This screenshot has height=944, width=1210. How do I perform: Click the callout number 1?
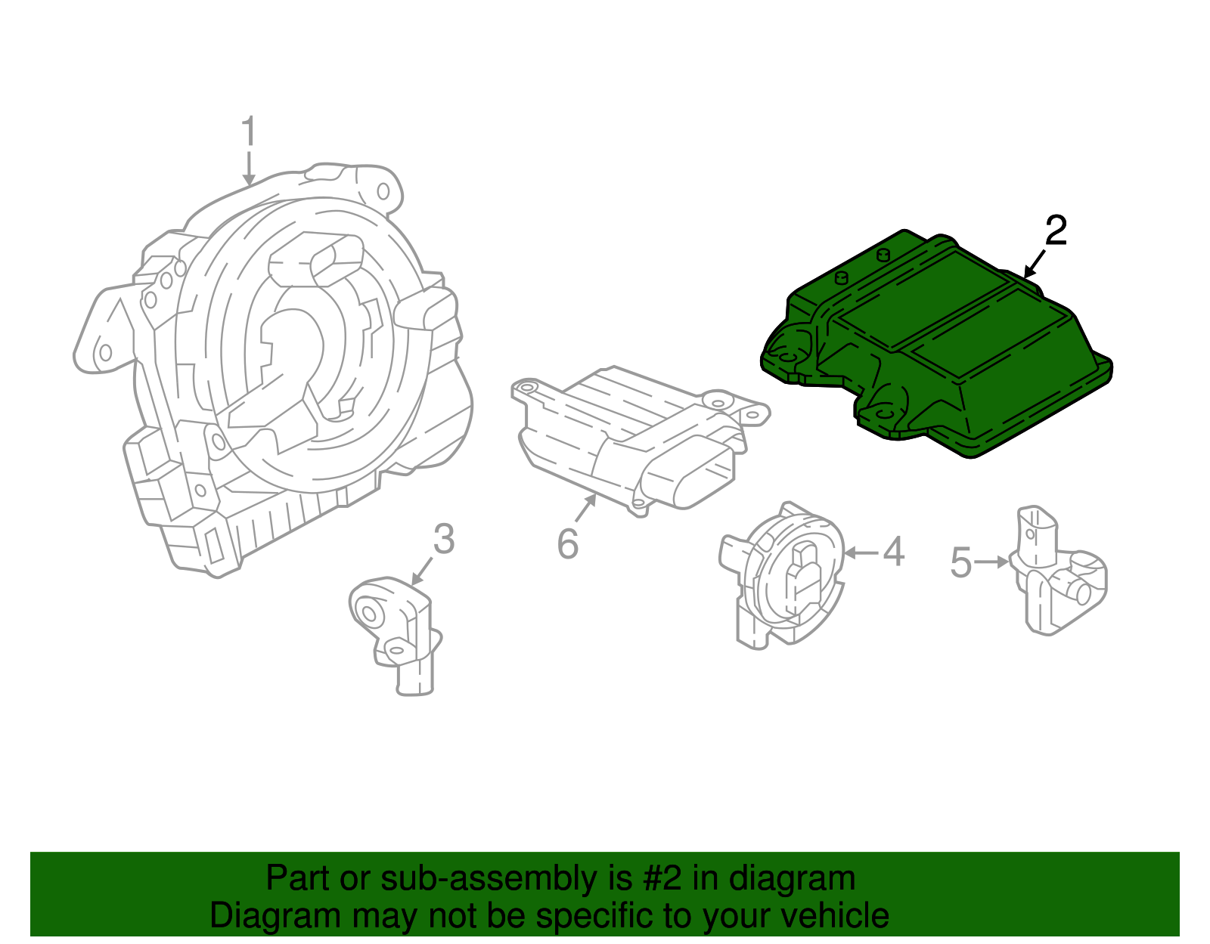pyautogui.click(x=249, y=132)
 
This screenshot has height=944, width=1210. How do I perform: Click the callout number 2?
pyautogui.click(x=1056, y=230)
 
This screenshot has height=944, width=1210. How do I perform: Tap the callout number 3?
pyautogui.click(x=444, y=539)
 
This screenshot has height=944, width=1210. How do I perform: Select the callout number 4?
pyautogui.click(x=894, y=552)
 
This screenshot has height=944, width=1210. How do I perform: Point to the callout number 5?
pyautogui.click(x=960, y=563)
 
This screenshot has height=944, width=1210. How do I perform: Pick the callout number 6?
pyautogui.click(x=567, y=543)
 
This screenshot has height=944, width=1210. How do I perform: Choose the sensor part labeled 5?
pyautogui.click(x=1059, y=574)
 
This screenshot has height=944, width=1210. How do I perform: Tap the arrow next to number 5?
pyautogui.click(x=991, y=562)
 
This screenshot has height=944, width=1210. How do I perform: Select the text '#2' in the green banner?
pyautogui.click(x=662, y=879)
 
